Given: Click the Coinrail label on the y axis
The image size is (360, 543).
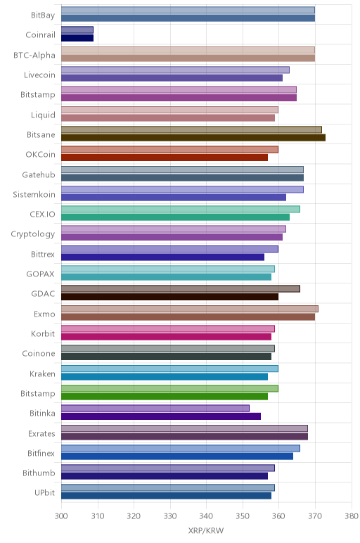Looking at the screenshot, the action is pyautogui.click(x=40, y=34).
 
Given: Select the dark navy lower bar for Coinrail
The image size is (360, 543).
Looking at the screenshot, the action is pyautogui.click(x=77, y=38).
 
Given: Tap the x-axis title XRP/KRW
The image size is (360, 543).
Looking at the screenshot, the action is pyautogui.click(x=206, y=530).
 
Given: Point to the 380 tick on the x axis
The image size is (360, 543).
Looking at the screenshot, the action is pyautogui.click(x=352, y=516).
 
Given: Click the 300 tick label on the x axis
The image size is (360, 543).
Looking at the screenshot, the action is pyautogui.click(x=61, y=516).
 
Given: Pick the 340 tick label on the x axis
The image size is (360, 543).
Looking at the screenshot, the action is pyautogui.click(x=206, y=516).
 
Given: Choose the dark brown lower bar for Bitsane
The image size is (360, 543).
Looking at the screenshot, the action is pyautogui.click(x=193, y=137).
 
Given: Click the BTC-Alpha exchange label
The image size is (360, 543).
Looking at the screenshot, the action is pyautogui.click(x=34, y=55).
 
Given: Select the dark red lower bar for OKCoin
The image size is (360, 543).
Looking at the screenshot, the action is pyautogui.click(x=165, y=158).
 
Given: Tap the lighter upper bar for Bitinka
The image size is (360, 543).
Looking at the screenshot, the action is pyautogui.click(x=155, y=408).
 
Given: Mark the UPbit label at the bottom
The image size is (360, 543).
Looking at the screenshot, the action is pyautogui.click(x=44, y=492).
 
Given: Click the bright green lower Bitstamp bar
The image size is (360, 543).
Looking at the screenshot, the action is pyautogui.click(x=165, y=397).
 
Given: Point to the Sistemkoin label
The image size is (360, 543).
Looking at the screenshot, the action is pyautogui.click(x=34, y=194).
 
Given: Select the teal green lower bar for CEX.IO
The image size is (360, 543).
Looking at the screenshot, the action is pyautogui.click(x=175, y=217).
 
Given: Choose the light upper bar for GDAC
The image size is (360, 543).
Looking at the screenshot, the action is pyautogui.click(x=181, y=289).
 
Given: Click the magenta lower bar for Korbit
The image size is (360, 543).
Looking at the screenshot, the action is pyautogui.click(x=166, y=337).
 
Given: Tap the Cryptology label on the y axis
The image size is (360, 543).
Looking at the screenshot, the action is pyautogui.click(x=33, y=234).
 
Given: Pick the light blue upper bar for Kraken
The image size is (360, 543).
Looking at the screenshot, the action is pyautogui.click(x=169, y=369).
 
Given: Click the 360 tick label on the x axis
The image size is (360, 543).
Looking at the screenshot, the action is pyautogui.click(x=278, y=516).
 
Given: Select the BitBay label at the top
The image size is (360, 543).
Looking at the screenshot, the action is pyautogui.click(x=43, y=15).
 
